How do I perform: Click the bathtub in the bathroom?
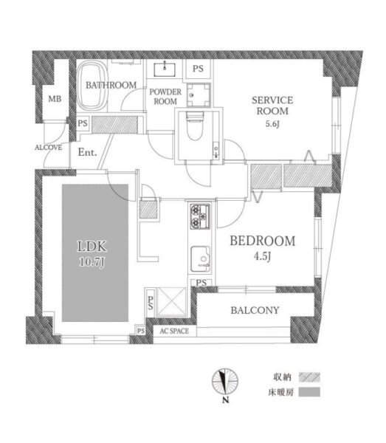(x=92, y=86)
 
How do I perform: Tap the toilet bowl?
(x=195, y=126)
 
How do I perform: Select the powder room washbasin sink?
(x=165, y=69)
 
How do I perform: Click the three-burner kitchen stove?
(x=200, y=216)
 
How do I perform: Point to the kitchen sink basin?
(x=200, y=259)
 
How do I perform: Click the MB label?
(x=55, y=99)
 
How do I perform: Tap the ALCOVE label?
(x=48, y=147)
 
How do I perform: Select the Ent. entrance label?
(x=87, y=152)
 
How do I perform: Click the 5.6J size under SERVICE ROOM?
(x=272, y=124)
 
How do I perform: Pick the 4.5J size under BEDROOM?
(x=262, y=256)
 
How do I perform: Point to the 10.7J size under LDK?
(x=92, y=262)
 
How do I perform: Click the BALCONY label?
(x=255, y=310)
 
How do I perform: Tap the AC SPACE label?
(x=174, y=331)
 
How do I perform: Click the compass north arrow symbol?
(x=225, y=382)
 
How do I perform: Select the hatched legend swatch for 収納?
(x=309, y=377)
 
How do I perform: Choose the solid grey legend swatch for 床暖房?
(x=309, y=392)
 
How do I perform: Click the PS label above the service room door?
(x=198, y=69)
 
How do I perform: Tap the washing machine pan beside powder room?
(x=199, y=95)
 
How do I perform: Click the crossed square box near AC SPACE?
(x=171, y=301)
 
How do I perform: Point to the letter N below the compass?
(x=225, y=399)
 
